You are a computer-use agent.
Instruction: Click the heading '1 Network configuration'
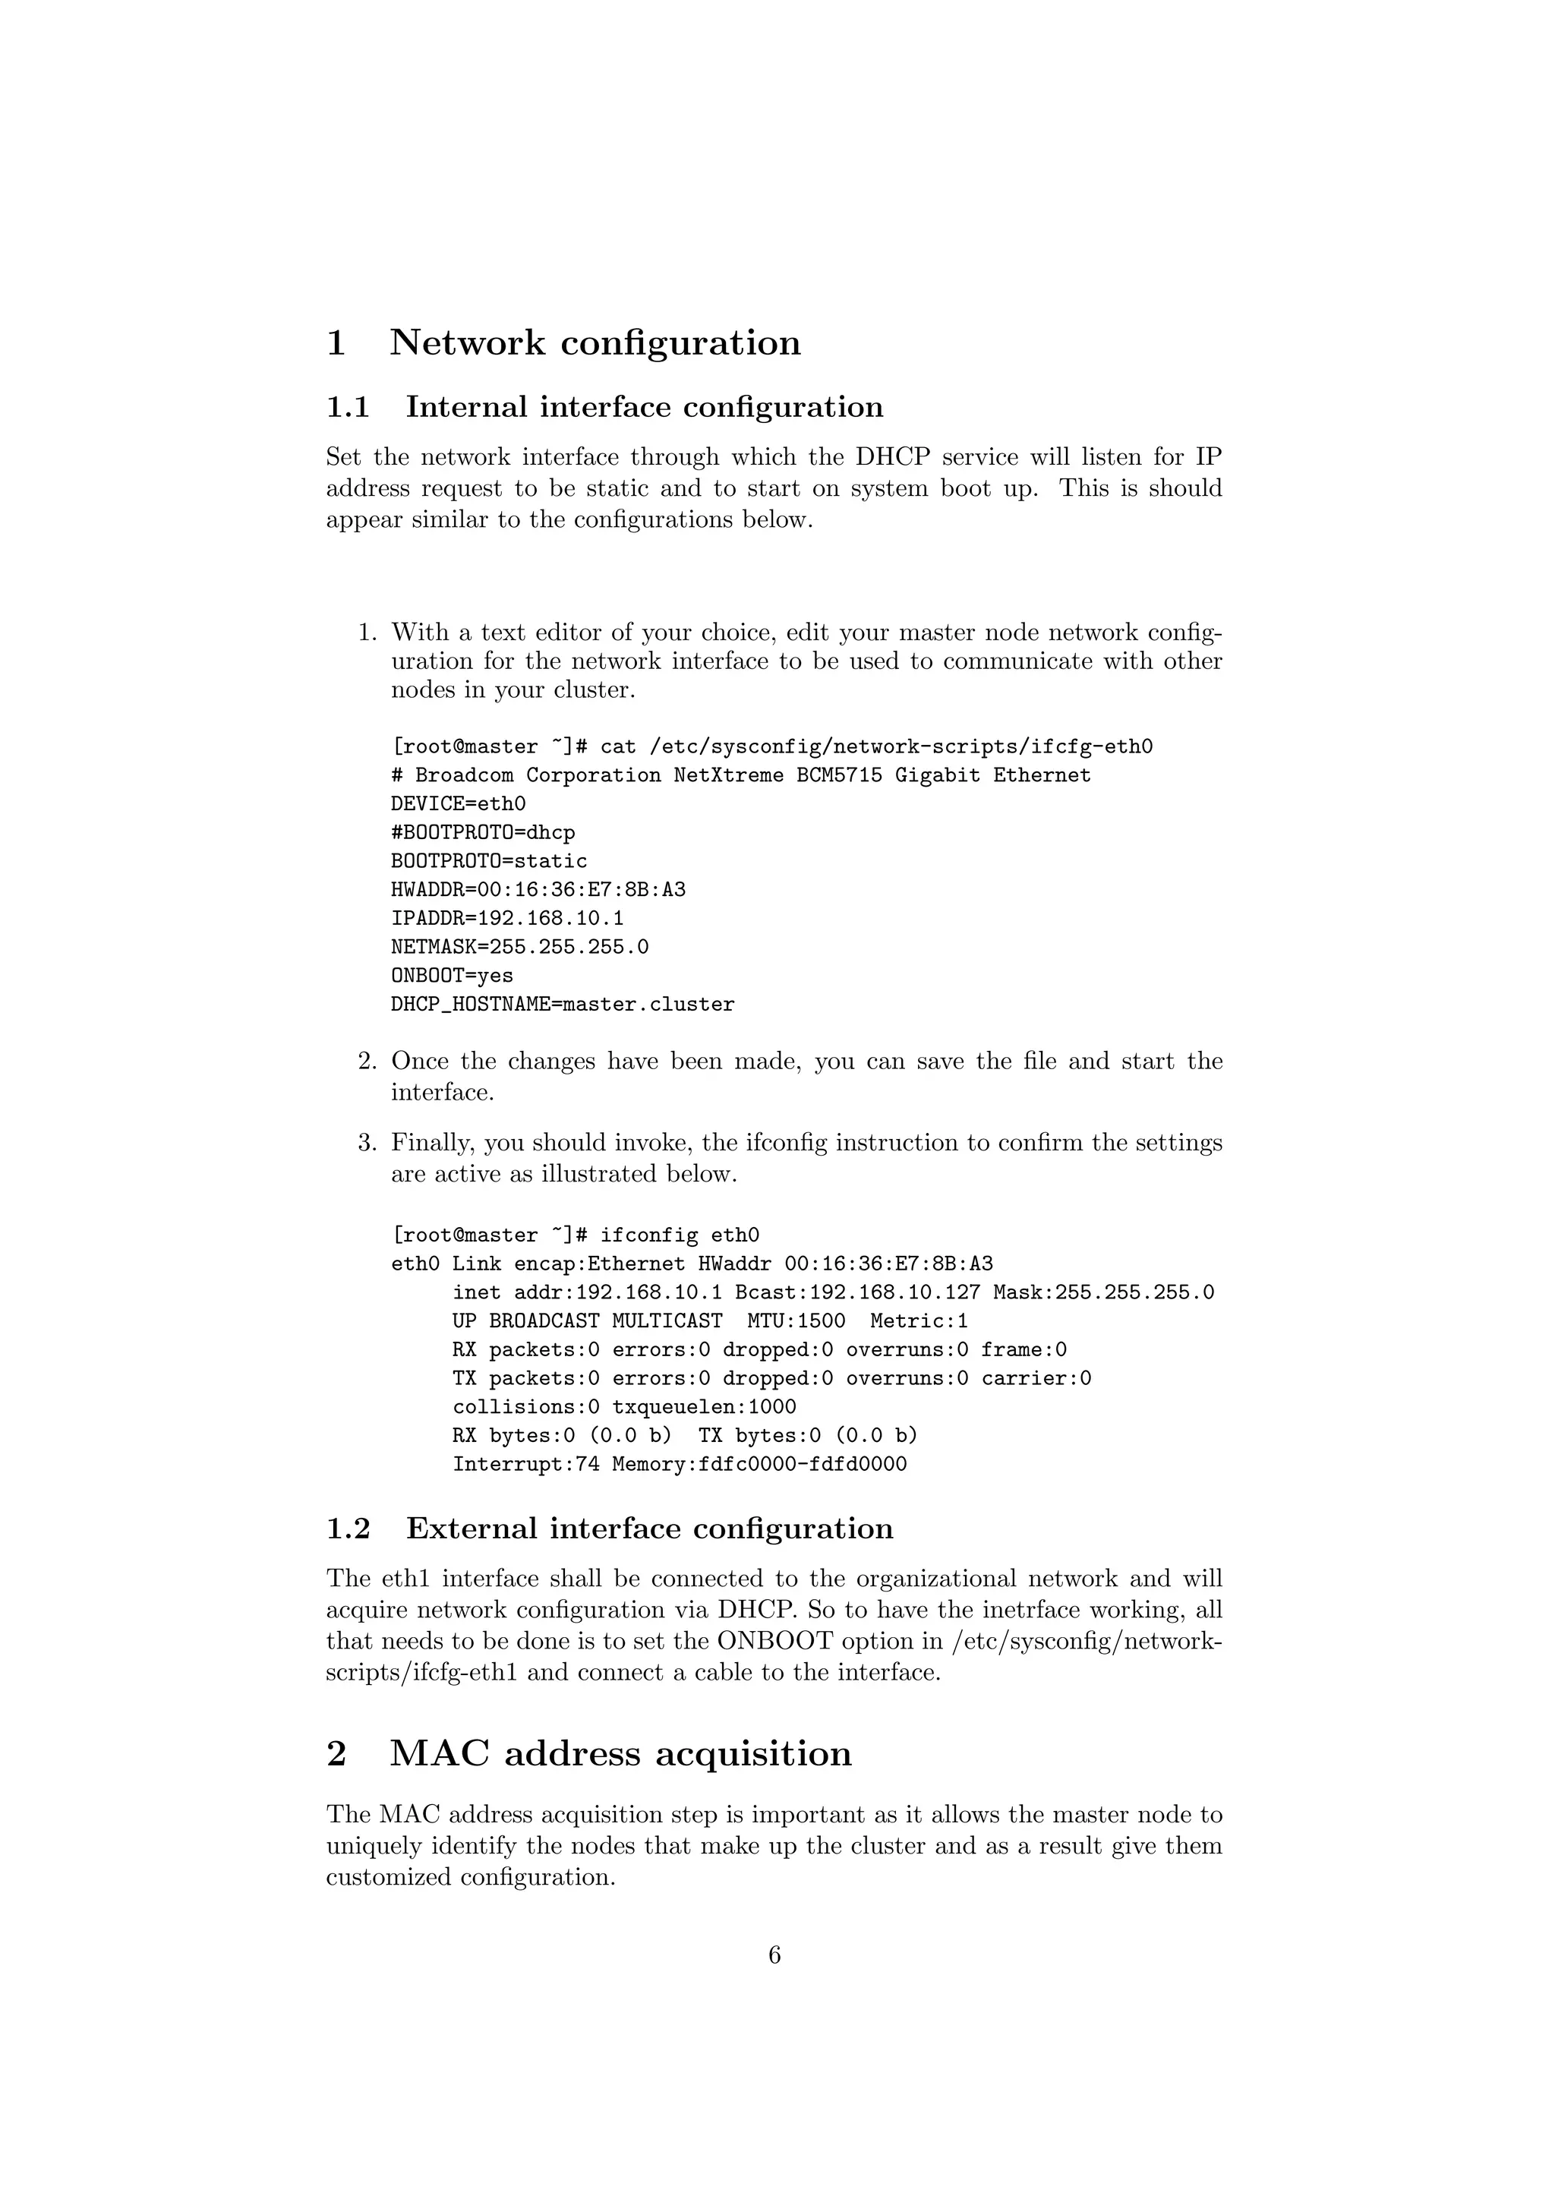(x=563, y=343)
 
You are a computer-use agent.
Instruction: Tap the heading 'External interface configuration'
(x=649, y=1529)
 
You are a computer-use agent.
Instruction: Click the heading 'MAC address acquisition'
(x=620, y=1753)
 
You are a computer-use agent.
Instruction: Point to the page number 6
(x=774, y=1954)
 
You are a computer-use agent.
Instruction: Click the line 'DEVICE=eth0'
(x=458, y=803)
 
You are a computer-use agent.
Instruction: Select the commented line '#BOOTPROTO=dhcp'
(x=483, y=832)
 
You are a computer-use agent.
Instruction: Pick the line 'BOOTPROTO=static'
(x=488, y=861)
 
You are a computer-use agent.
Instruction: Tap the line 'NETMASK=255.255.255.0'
(x=519, y=947)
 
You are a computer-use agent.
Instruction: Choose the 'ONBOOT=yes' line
(x=452, y=976)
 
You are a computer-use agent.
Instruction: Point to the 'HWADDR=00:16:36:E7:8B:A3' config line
(x=538, y=890)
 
